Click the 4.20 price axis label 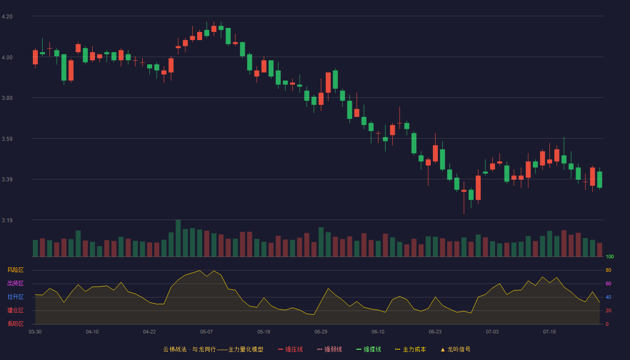[x=7, y=17]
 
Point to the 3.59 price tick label [x=7, y=139]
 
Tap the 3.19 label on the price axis [x=7, y=220]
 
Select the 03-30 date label [x=35, y=332]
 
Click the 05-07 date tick [x=207, y=332]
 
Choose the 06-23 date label [x=435, y=332]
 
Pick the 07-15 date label [x=549, y=332]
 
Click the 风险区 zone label [x=15, y=270]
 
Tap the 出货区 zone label [x=15, y=283]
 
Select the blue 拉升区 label [x=15, y=297]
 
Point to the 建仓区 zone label [x=15, y=310]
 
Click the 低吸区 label [x=15, y=324]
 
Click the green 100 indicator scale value [x=610, y=256]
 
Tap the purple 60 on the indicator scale [x=608, y=283]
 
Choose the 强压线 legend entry [x=290, y=349]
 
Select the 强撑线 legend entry [x=369, y=349]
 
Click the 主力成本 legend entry [x=410, y=349]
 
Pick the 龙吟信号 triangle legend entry [x=455, y=349]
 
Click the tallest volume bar [x=178, y=238]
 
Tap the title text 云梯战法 [x=175, y=349]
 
